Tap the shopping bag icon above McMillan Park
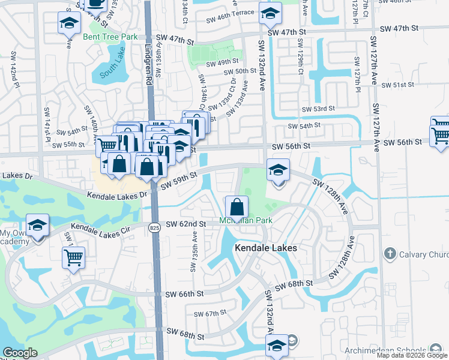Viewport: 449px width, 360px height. [x=237, y=206]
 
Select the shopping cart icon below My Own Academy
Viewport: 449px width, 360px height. [x=73, y=258]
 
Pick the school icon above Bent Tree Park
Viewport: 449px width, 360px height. [x=70, y=23]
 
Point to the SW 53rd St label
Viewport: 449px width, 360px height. [x=318, y=109]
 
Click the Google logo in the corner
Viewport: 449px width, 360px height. [x=19, y=353]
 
